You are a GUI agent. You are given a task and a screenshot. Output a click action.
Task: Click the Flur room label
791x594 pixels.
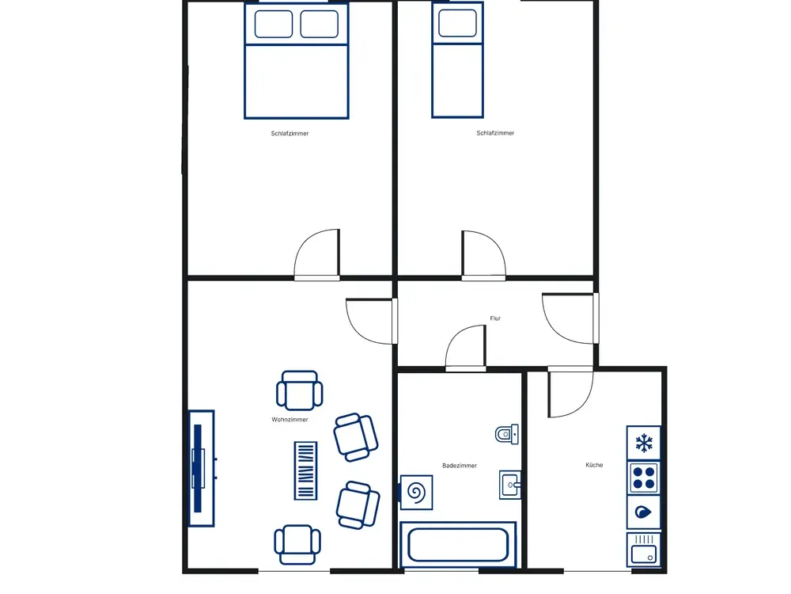coord(495,318)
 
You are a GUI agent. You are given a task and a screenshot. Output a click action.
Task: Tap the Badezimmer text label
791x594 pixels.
coord(460,466)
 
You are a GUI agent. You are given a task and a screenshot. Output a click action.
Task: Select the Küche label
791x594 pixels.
coord(594,465)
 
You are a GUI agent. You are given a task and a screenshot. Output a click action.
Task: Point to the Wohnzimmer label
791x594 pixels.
coord(290,420)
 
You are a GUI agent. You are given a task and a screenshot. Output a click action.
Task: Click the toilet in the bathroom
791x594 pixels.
coord(507,434)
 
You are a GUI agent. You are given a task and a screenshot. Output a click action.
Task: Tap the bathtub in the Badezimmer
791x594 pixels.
coord(458,545)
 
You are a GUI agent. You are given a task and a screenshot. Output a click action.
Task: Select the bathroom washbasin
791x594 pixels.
coord(510,485)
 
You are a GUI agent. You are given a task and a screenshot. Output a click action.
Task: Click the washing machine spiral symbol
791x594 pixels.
coord(417,493)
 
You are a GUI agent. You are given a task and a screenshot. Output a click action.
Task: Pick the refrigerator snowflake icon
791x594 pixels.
coord(644,443)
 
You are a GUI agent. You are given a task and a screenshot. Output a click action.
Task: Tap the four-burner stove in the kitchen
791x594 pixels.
coord(644,478)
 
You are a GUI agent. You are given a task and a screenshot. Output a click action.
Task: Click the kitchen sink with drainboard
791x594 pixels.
coord(644,549)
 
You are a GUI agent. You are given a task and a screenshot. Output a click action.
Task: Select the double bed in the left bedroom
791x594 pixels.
coord(297,61)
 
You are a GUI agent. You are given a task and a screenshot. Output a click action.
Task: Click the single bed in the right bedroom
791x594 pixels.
coord(457,60)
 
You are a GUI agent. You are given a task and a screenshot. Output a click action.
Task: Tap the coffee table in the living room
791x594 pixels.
coord(305,470)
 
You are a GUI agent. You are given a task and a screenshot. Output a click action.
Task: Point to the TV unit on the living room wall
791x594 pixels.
coord(201,468)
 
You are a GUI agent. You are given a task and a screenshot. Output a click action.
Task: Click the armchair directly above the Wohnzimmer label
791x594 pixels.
coord(300,390)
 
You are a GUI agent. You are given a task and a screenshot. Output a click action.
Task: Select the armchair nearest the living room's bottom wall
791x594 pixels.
coord(297,545)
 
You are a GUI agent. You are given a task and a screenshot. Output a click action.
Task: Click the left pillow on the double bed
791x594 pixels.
coord(274,25)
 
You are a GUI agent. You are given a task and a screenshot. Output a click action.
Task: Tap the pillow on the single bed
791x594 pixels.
coord(457,23)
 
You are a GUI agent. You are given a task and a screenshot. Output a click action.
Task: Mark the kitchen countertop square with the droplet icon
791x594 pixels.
coord(644,512)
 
